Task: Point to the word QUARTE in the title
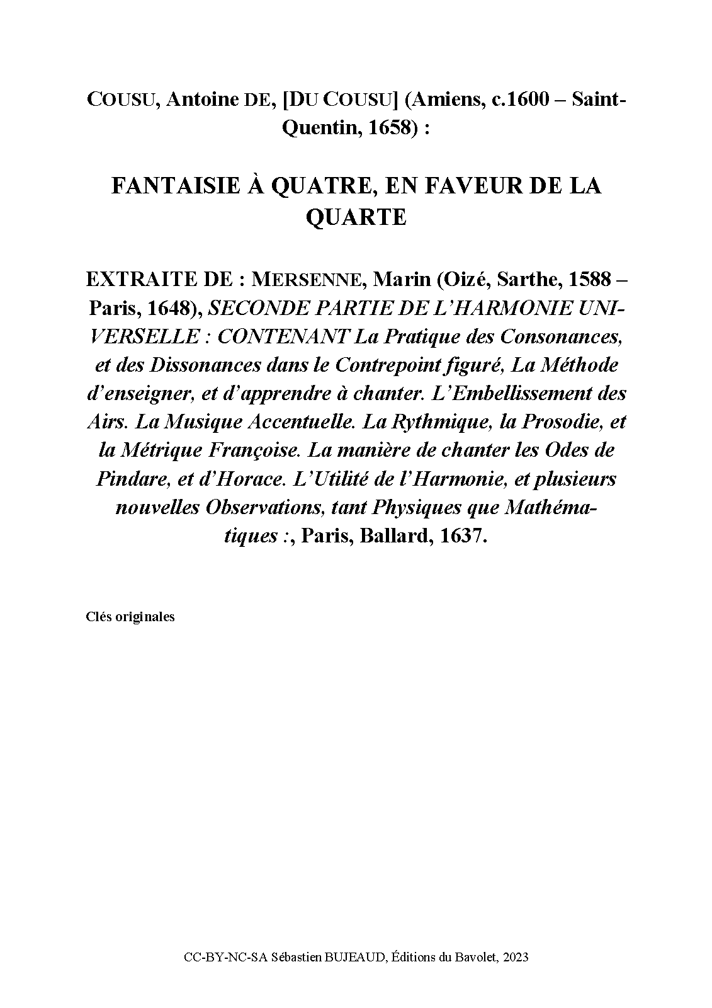(x=356, y=217)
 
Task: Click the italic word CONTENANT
(x=283, y=336)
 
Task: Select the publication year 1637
(x=463, y=536)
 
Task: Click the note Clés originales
(x=130, y=617)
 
